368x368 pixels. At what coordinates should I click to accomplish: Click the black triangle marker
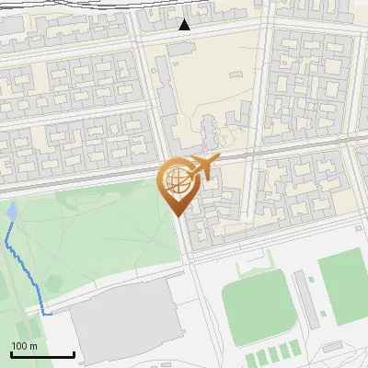pos(185,25)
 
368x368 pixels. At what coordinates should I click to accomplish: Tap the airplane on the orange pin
pos(201,167)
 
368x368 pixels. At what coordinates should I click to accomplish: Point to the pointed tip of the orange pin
pos(177,215)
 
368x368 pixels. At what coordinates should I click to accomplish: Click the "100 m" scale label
pos(24,346)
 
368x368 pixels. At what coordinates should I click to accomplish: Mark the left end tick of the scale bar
pos(11,354)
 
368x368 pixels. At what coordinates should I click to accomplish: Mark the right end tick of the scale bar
pos(74,354)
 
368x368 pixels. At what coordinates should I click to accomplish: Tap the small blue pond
pos(11,212)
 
